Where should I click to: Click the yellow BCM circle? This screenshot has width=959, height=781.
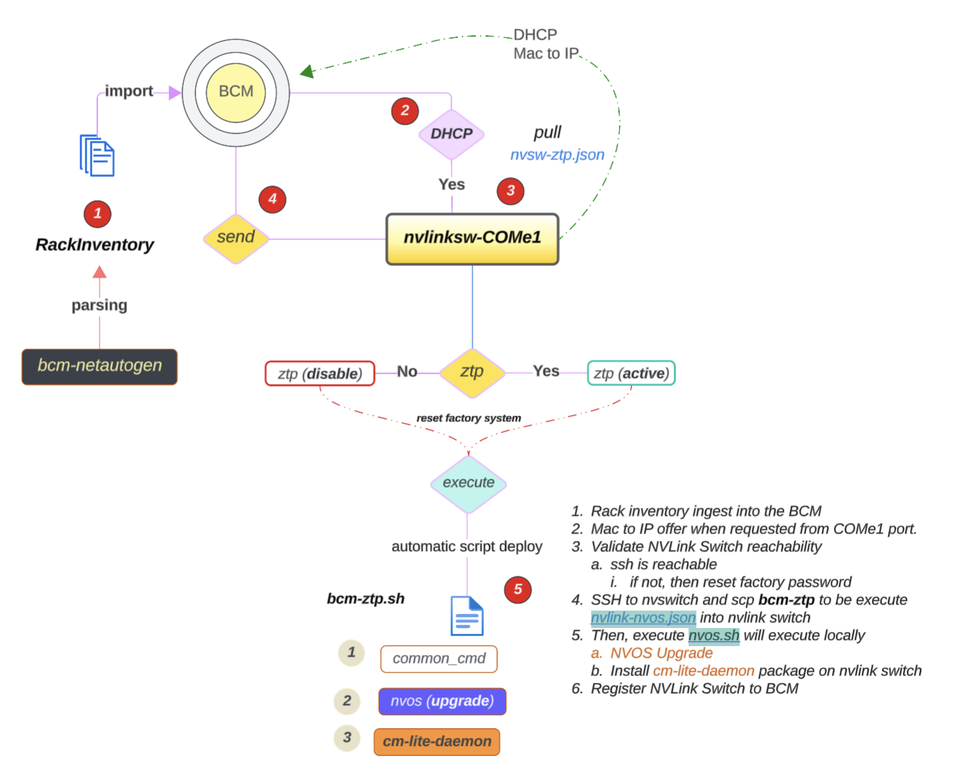point(236,92)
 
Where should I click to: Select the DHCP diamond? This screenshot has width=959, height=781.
point(451,134)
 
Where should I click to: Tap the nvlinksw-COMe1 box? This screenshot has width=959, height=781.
point(472,238)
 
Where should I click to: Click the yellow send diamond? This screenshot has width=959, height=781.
point(236,238)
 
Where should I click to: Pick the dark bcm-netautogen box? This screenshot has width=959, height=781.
point(99,366)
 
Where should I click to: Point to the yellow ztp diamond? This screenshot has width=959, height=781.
point(472,372)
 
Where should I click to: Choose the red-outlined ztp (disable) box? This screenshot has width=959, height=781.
point(319,374)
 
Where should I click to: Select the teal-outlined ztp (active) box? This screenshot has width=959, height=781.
point(631,373)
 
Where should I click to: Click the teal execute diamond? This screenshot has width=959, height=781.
point(468,483)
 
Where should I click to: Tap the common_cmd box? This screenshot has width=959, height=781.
point(439,659)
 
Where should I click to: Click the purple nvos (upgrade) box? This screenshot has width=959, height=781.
point(442,702)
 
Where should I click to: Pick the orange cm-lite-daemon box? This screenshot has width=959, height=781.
point(437,742)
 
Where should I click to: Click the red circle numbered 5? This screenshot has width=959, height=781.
point(518,589)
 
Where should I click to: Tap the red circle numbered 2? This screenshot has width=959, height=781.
point(405,110)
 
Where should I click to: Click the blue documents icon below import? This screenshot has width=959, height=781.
point(97,156)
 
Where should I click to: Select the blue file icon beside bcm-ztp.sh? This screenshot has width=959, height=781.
point(467,616)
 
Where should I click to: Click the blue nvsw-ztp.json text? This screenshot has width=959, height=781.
point(557,155)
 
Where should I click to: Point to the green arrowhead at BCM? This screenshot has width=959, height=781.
point(307,71)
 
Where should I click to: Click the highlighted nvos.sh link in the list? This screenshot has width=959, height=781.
point(713,636)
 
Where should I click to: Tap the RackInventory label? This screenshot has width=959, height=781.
point(95,245)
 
